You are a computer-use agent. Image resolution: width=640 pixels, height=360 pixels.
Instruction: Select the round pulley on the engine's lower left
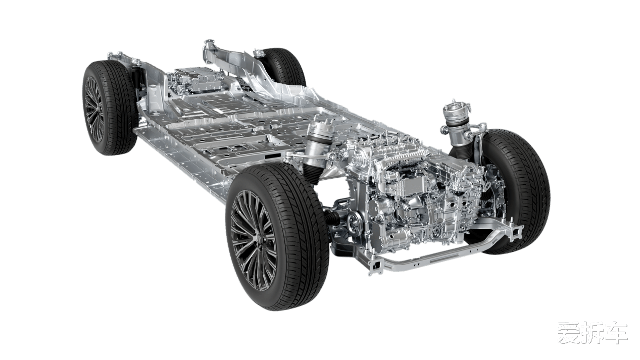354,221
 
